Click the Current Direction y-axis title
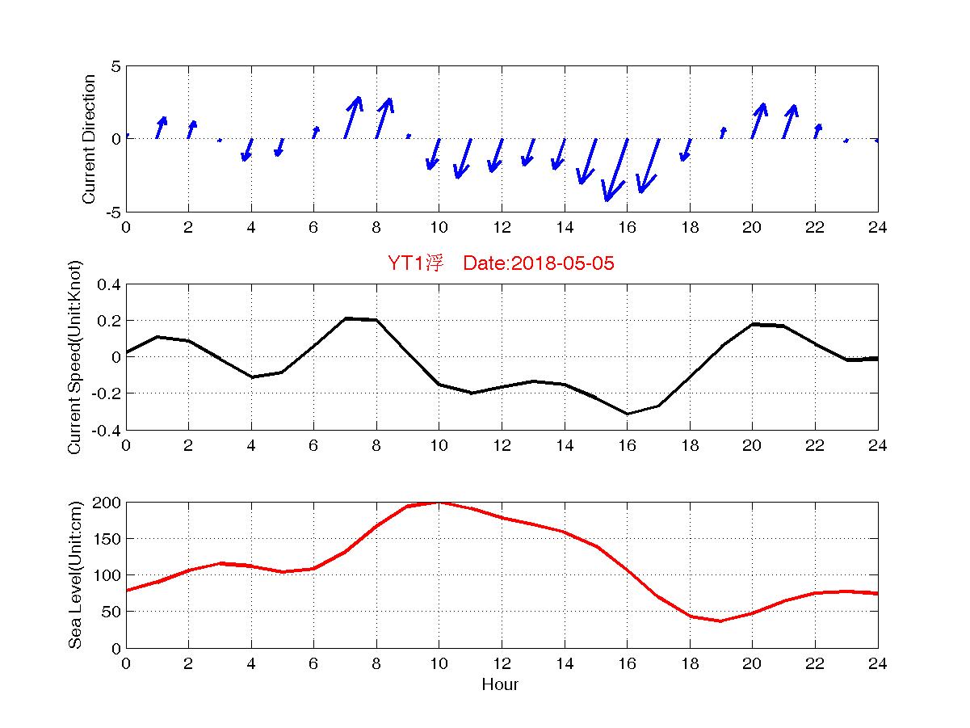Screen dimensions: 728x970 click(90, 139)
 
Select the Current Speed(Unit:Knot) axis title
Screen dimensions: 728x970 click(75, 357)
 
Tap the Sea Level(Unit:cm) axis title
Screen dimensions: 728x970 click(75, 575)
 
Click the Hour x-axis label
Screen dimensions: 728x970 click(500, 685)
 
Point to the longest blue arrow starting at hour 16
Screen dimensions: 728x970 click(616, 170)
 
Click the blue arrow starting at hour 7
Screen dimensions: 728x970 click(352, 117)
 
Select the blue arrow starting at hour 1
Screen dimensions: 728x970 click(161, 127)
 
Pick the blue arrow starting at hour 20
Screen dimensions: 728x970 click(758, 120)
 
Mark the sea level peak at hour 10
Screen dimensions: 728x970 click(439, 502)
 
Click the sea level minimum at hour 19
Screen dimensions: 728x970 click(720, 621)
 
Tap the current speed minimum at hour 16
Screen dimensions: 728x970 click(627, 414)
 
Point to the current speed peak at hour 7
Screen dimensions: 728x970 click(346, 318)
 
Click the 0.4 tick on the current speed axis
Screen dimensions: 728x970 click(109, 284)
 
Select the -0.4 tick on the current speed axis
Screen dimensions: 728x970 click(106, 430)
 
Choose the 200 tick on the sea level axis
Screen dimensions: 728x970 click(109, 503)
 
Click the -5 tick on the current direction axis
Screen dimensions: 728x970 click(112, 212)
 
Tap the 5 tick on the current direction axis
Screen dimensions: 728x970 click(115, 66)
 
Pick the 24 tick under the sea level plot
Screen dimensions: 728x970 click(877, 663)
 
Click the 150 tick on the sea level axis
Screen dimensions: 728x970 click(109, 539)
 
